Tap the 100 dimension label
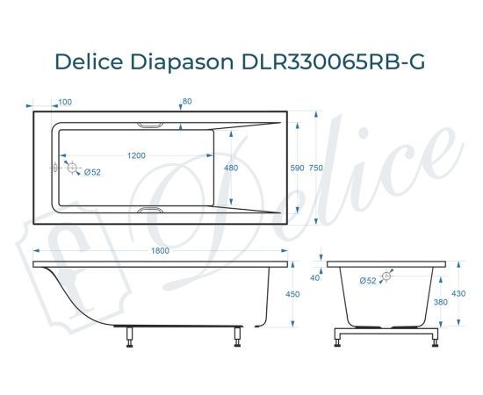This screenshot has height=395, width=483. point(65,102)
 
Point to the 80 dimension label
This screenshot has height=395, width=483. point(186,102)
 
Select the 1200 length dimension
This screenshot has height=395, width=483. point(136,155)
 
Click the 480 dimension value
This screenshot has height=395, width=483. point(231,168)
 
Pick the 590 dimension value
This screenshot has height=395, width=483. point(297,168)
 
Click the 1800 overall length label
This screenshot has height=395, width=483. point(158,252)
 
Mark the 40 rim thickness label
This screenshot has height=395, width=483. point(314,278)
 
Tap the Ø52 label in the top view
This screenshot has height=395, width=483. point(93,172)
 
